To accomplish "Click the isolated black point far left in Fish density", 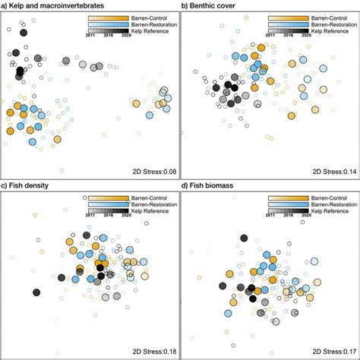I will (x=36, y=292).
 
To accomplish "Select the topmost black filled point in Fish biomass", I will (x=243, y=238).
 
